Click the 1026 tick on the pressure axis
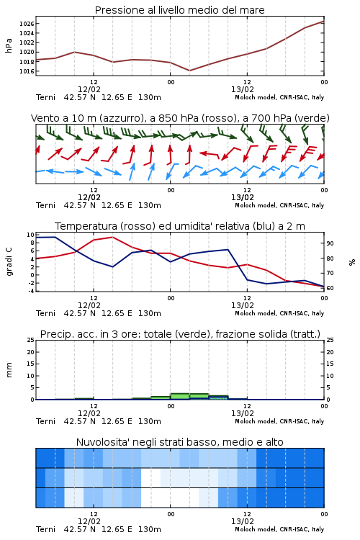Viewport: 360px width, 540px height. [27, 24]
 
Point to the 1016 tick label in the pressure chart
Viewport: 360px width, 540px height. [27, 71]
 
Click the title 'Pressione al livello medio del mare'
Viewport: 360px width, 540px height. [180, 10]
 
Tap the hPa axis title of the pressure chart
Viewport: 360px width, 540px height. [9, 45]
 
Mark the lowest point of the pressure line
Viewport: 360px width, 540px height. [189, 71]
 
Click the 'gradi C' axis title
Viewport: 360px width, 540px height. [9, 262]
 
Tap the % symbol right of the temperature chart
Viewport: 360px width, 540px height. [352, 262]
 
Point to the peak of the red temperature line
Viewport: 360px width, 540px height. [112, 238]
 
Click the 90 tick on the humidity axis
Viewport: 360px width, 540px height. [330, 243]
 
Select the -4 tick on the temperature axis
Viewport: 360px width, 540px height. [31, 291]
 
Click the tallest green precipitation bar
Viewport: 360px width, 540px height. [180, 397]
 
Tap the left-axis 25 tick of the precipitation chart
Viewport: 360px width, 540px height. [31, 340]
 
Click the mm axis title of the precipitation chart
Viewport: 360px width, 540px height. [9, 370]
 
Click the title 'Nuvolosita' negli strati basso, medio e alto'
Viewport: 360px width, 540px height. [180, 442]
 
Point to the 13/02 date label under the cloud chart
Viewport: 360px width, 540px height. [243, 521]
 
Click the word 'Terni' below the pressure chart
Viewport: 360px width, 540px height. [45, 97]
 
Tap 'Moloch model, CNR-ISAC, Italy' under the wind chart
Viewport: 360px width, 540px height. [279, 205]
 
